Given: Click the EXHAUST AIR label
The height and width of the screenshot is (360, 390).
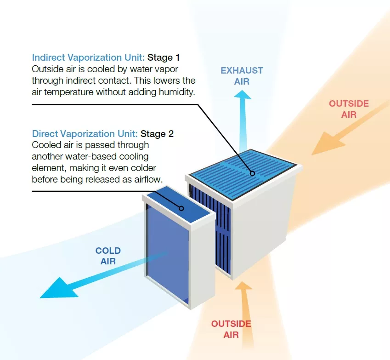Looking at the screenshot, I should pyautogui.click(x=242, y=75).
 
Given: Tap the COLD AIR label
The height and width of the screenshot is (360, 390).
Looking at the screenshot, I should pyautogui.click(x=108, y=256).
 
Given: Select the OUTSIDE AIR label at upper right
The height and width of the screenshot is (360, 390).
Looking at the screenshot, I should pyautogui.click(x=349, y=109).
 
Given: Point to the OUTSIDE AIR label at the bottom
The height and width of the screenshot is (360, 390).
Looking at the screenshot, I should pyautogui.click(x=231, y=329).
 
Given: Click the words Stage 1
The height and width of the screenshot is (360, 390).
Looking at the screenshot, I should pyautogui.click(x=164, y=57).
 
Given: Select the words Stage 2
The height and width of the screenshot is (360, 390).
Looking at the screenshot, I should pyautogui.click(x=157, y=134).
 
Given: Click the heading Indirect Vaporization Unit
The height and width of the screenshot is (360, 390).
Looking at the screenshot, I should pyautogui.click(x=89, y=57).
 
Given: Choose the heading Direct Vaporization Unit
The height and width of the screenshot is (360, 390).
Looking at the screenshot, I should pyautogui.click(x=85, y=134).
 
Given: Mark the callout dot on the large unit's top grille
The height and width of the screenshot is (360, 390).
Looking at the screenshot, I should pyautogui.click(x=252, y=173).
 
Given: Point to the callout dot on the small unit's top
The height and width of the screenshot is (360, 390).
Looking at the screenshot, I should pyautogui.click(x=181, y=208).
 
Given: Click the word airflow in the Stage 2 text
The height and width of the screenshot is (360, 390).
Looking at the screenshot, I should pyautogui.click(x=147, y=179).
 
